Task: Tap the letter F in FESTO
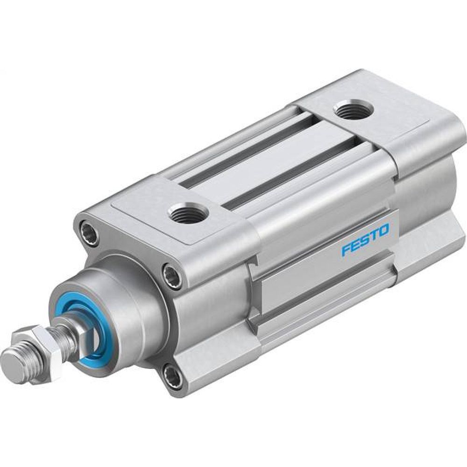coord(346,250)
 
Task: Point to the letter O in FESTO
coord(383,230)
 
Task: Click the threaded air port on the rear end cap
coord(353,111)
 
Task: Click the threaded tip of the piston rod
coord(14,360)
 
